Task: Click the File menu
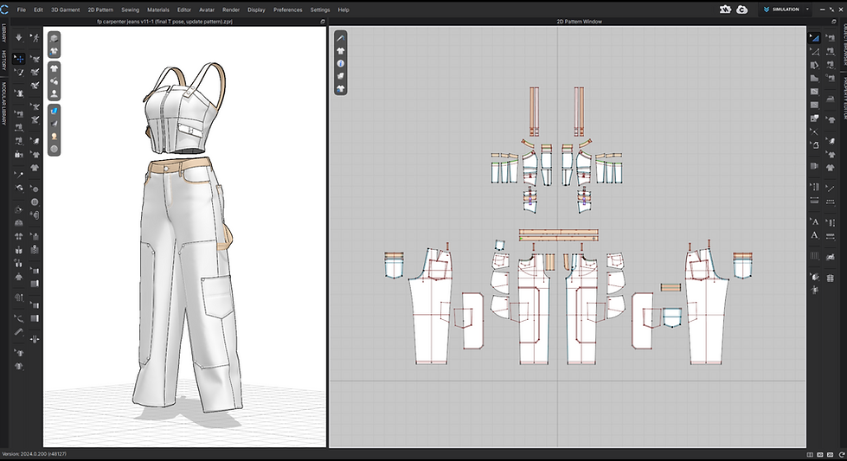click(22, 10)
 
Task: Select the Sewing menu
click(130, 10)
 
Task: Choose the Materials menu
click(158, 10)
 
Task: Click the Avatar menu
click(207, 10)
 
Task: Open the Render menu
click(231, 10)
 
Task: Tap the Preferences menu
click(288, 10)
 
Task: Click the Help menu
click(343, 10)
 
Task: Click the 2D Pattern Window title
click(579, 21)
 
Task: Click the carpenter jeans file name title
click(184, 21)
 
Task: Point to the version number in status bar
click(35, 454)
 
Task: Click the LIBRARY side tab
click(3, 34)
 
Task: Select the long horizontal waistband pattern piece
click(558, 235)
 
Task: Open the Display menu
click(256, 10)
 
